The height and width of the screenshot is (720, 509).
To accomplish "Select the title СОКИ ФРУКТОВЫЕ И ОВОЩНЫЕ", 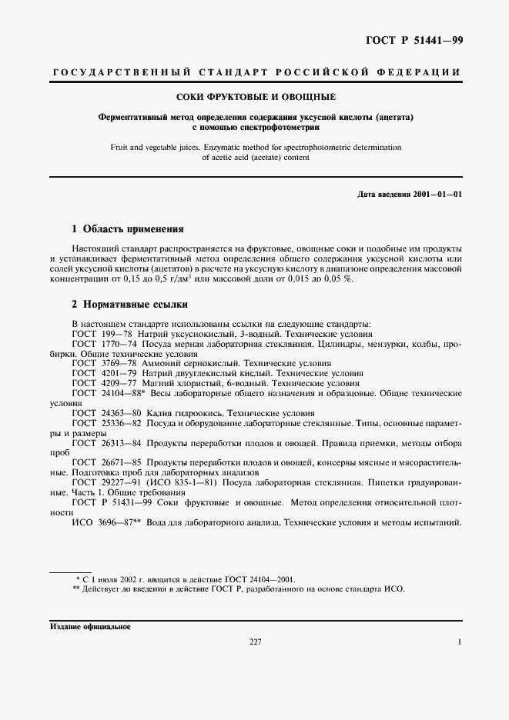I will click(x=254, y=98).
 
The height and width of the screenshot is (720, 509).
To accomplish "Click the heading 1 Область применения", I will click(x=127, y=229).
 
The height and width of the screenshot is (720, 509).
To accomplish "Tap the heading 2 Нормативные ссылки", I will click(x=129, y=305).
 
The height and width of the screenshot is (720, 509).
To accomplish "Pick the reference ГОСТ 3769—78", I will click(x=101, y=362).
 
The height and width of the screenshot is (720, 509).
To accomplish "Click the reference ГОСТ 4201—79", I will click(x=101, y=372).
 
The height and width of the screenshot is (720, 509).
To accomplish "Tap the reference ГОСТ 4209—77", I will click(x=101, y=382).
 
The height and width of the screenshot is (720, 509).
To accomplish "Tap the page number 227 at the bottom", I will click(x=256, y=642).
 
